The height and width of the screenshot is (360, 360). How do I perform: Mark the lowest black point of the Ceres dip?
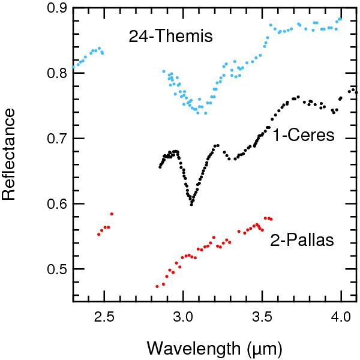(x=191, y=204)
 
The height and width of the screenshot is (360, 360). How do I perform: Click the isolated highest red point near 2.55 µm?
(x=112, y=214)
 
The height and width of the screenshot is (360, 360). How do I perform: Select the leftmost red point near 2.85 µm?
(x=157, y=286)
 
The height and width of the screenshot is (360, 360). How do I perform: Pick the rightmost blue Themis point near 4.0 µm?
(x=341, y=19)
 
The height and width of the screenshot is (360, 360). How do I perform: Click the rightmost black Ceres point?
(x=356, y=92)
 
